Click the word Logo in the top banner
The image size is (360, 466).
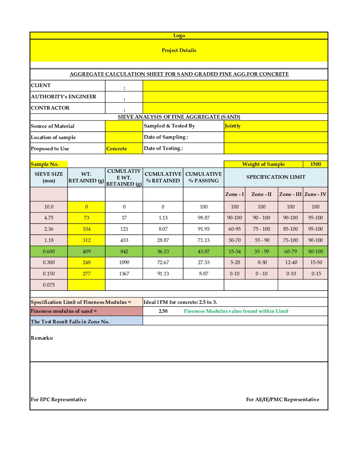pyautogui.click(x=179, y=35)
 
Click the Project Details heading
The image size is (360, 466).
pyautogui.click(x=179, y=50)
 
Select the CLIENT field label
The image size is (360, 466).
pyautogui.click(x=41, y=85)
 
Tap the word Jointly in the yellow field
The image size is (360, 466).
pyautogui.click(x=233, y=126)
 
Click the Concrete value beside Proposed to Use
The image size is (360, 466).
pyautogui.click(x=116, y=149)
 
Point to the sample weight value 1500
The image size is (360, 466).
pyautogui.click(x=315, y=164)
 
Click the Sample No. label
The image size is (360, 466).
pyautogui.click(x=45, y=164)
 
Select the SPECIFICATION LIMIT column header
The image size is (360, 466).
pyautogui.click(x=276, y=177)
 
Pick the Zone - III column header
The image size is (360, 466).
pyautogui.click(x=290, y=194)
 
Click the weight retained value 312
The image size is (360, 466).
pyautogui.click(x=86, y=240)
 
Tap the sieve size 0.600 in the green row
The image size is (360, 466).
pyautogui.click(x=49, y=252)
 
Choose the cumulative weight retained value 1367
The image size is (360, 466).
pyautogui.click(x=124, y=274)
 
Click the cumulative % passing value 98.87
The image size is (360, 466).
pyautogui.click(x=203, y=218)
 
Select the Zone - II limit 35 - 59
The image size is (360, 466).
pyautogui.click(x=261, y=252)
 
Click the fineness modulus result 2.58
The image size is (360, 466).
pyautogui.click(x=163, y=311)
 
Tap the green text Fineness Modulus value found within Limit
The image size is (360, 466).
pyautogui.click(x=236, y=311)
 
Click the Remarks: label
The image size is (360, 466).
pyautogui.click(x=42, y=338)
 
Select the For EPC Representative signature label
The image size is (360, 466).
pyautogui.click(x=59, y=399)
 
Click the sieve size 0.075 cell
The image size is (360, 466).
pyautogui.click(x=49, y=285)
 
